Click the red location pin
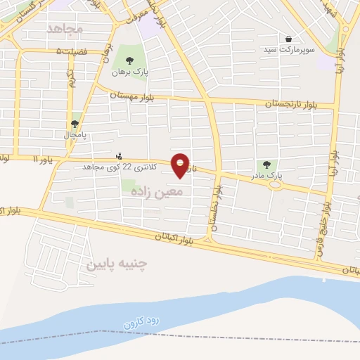[x=181, y=165]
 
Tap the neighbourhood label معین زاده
[x=161, y=191]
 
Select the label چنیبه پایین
[x=117, y=264]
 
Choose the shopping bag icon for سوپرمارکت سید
[x=289, y=39]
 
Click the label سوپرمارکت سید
[x=290, y=50]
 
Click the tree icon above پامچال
[x=75, y=122]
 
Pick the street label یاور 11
[x=45, y=160]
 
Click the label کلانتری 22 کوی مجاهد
[x=117, y=167]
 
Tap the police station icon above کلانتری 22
[x=117, y=155]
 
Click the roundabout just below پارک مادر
[x=276, y=186]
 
